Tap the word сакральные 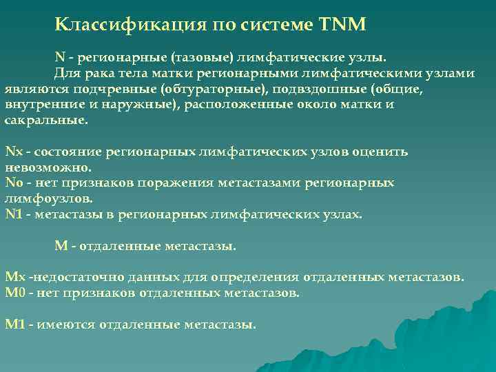45,119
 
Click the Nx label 13,151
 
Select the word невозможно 48,167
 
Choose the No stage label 14,183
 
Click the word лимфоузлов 48,198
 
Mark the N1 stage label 14,214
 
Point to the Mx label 14,277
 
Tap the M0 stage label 14,293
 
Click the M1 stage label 14,324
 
